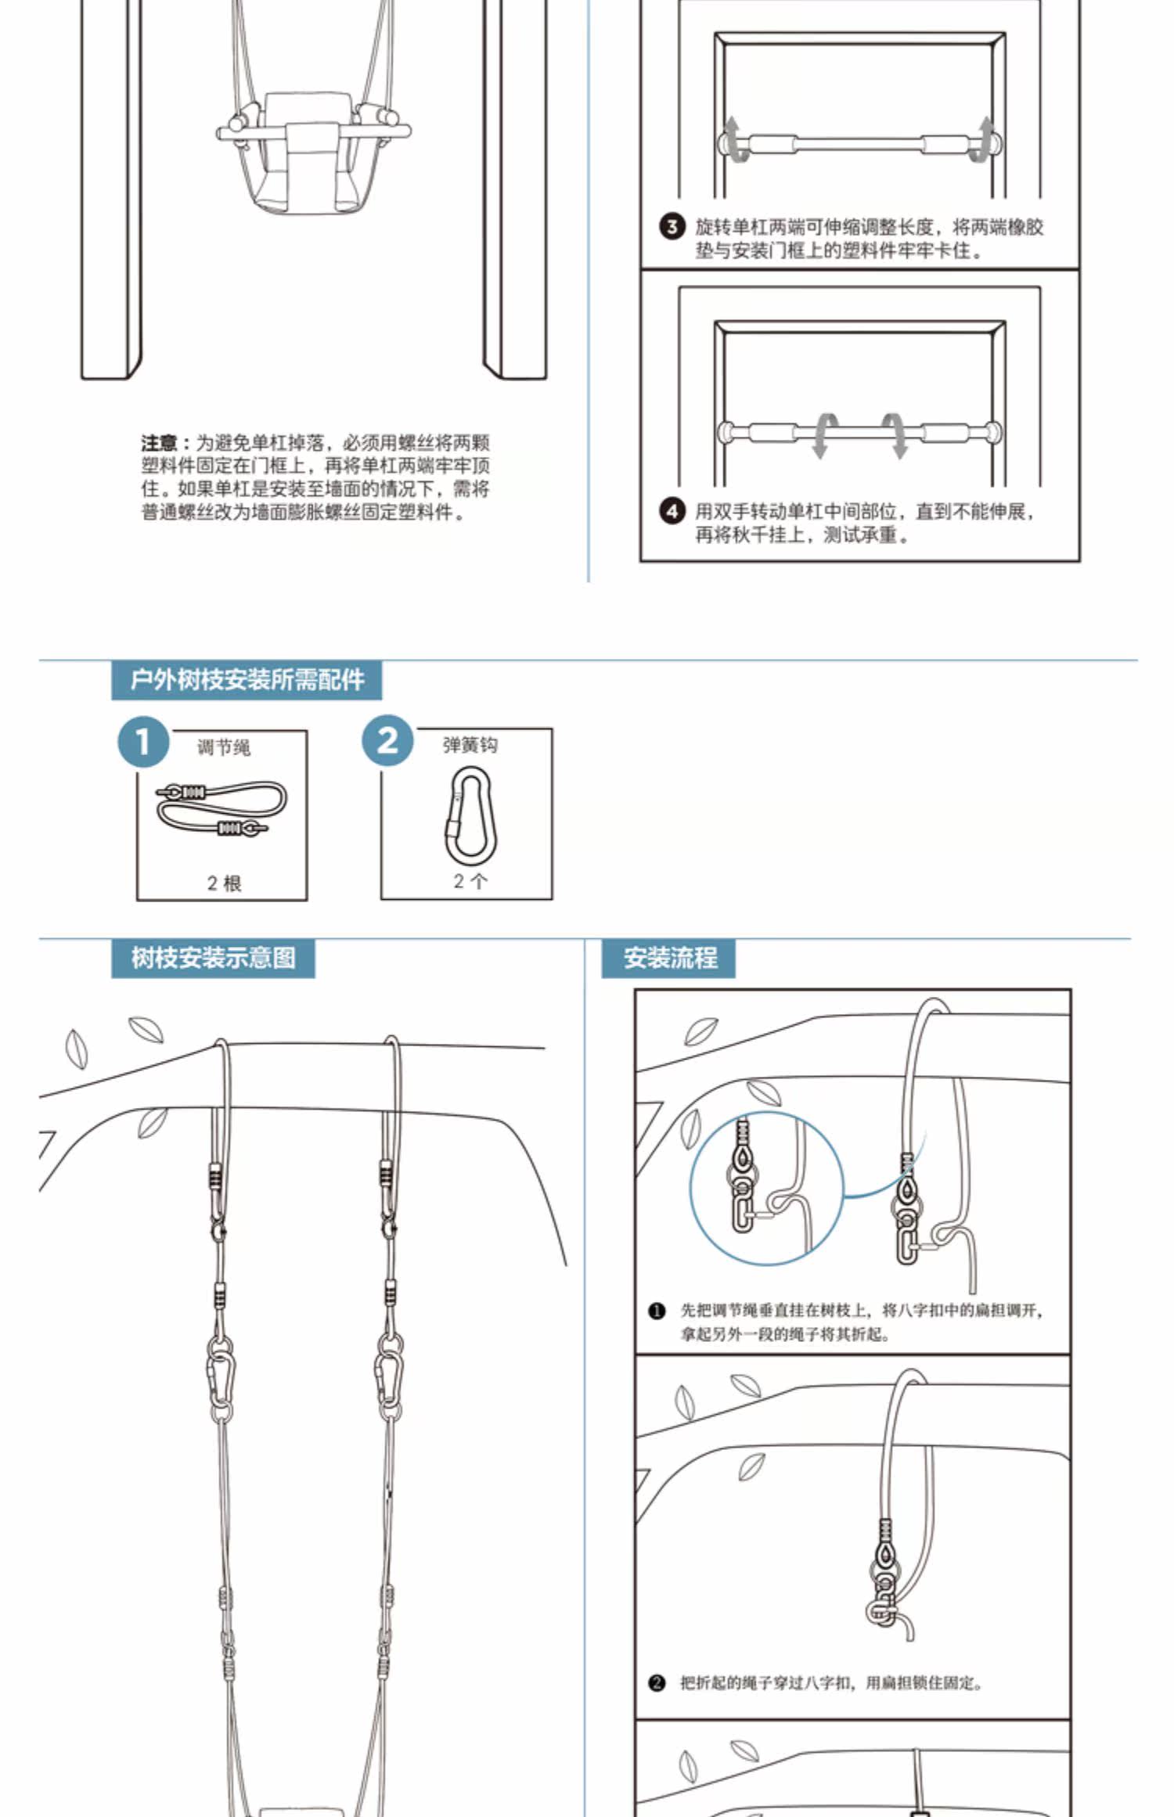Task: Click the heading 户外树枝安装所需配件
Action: click(247, 679)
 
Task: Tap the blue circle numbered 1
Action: click(143, 741)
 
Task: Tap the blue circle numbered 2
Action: click(387, 739)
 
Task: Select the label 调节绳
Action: click(224, 747)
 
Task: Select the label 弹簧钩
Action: click(470, 744)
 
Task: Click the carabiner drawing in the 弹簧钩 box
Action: click(470, 815)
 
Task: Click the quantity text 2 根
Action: click(224, 883)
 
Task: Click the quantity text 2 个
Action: click(470, 881)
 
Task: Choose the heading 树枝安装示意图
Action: click(213, 958)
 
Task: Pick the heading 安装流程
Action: click(669, 958)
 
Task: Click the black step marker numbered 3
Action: click(672, 228)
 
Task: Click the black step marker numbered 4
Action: click(672, 512)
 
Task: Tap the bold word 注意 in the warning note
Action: click(160, 443)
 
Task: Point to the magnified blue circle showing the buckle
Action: click(766, 1187)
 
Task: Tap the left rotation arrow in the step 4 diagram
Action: click(822, 435)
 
